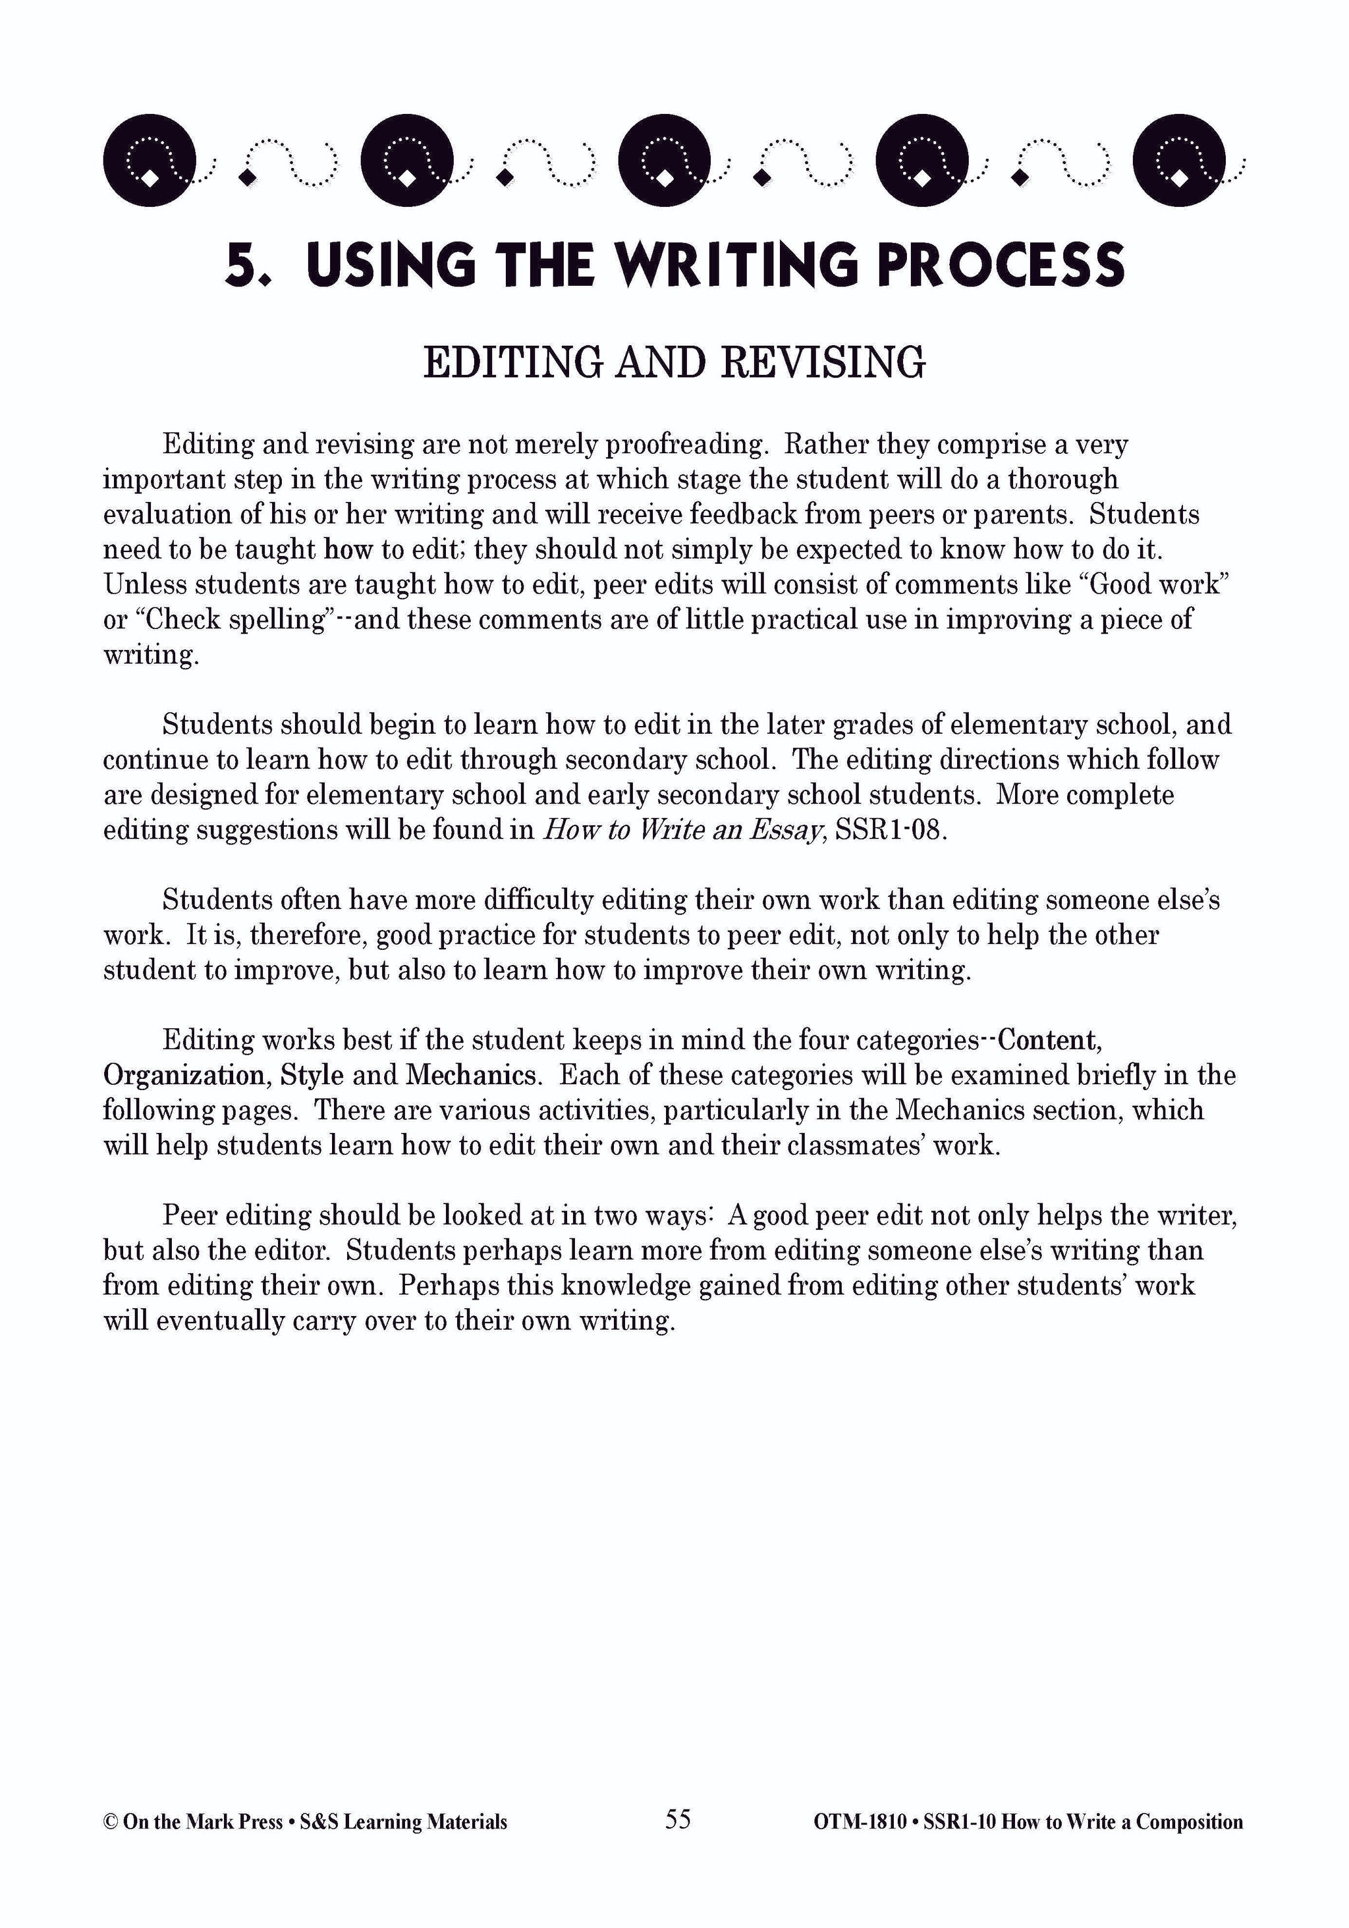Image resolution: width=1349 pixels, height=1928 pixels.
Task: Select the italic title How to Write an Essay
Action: pos(681,830)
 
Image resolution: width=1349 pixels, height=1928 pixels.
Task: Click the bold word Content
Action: pos(1048,1041)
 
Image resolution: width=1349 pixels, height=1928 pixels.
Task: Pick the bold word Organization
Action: pos(184,1076)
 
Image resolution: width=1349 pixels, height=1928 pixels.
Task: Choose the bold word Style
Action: pos(312,1076)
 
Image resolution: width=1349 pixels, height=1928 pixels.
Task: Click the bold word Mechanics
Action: pos(470,1076)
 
